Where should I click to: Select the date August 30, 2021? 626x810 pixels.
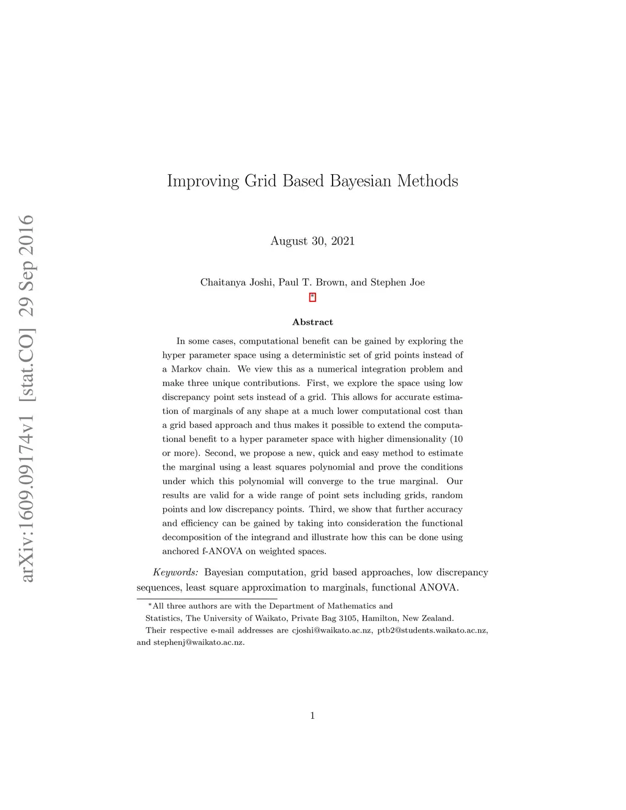(x=312, y=241)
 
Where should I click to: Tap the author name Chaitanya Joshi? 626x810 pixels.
(x=237, y=282)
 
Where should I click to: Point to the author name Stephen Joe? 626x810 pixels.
(x=397, y=282)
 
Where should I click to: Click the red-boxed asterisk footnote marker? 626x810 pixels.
(x=312, y=298)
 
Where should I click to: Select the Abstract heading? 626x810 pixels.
(x=312, y=322)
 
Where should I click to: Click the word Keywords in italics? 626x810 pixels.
(x=175, y=573)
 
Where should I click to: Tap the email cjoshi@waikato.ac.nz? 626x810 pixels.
(x=331, y=630)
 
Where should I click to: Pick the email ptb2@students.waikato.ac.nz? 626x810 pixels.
(x=432, y=630)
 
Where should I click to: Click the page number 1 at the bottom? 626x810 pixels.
(x=312, y=716)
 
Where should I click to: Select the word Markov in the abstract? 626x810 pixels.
(x=186, y=369)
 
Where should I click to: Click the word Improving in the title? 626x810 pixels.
(x=202, y=181)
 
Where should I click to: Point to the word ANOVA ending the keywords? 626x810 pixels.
(x=438, y=588)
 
